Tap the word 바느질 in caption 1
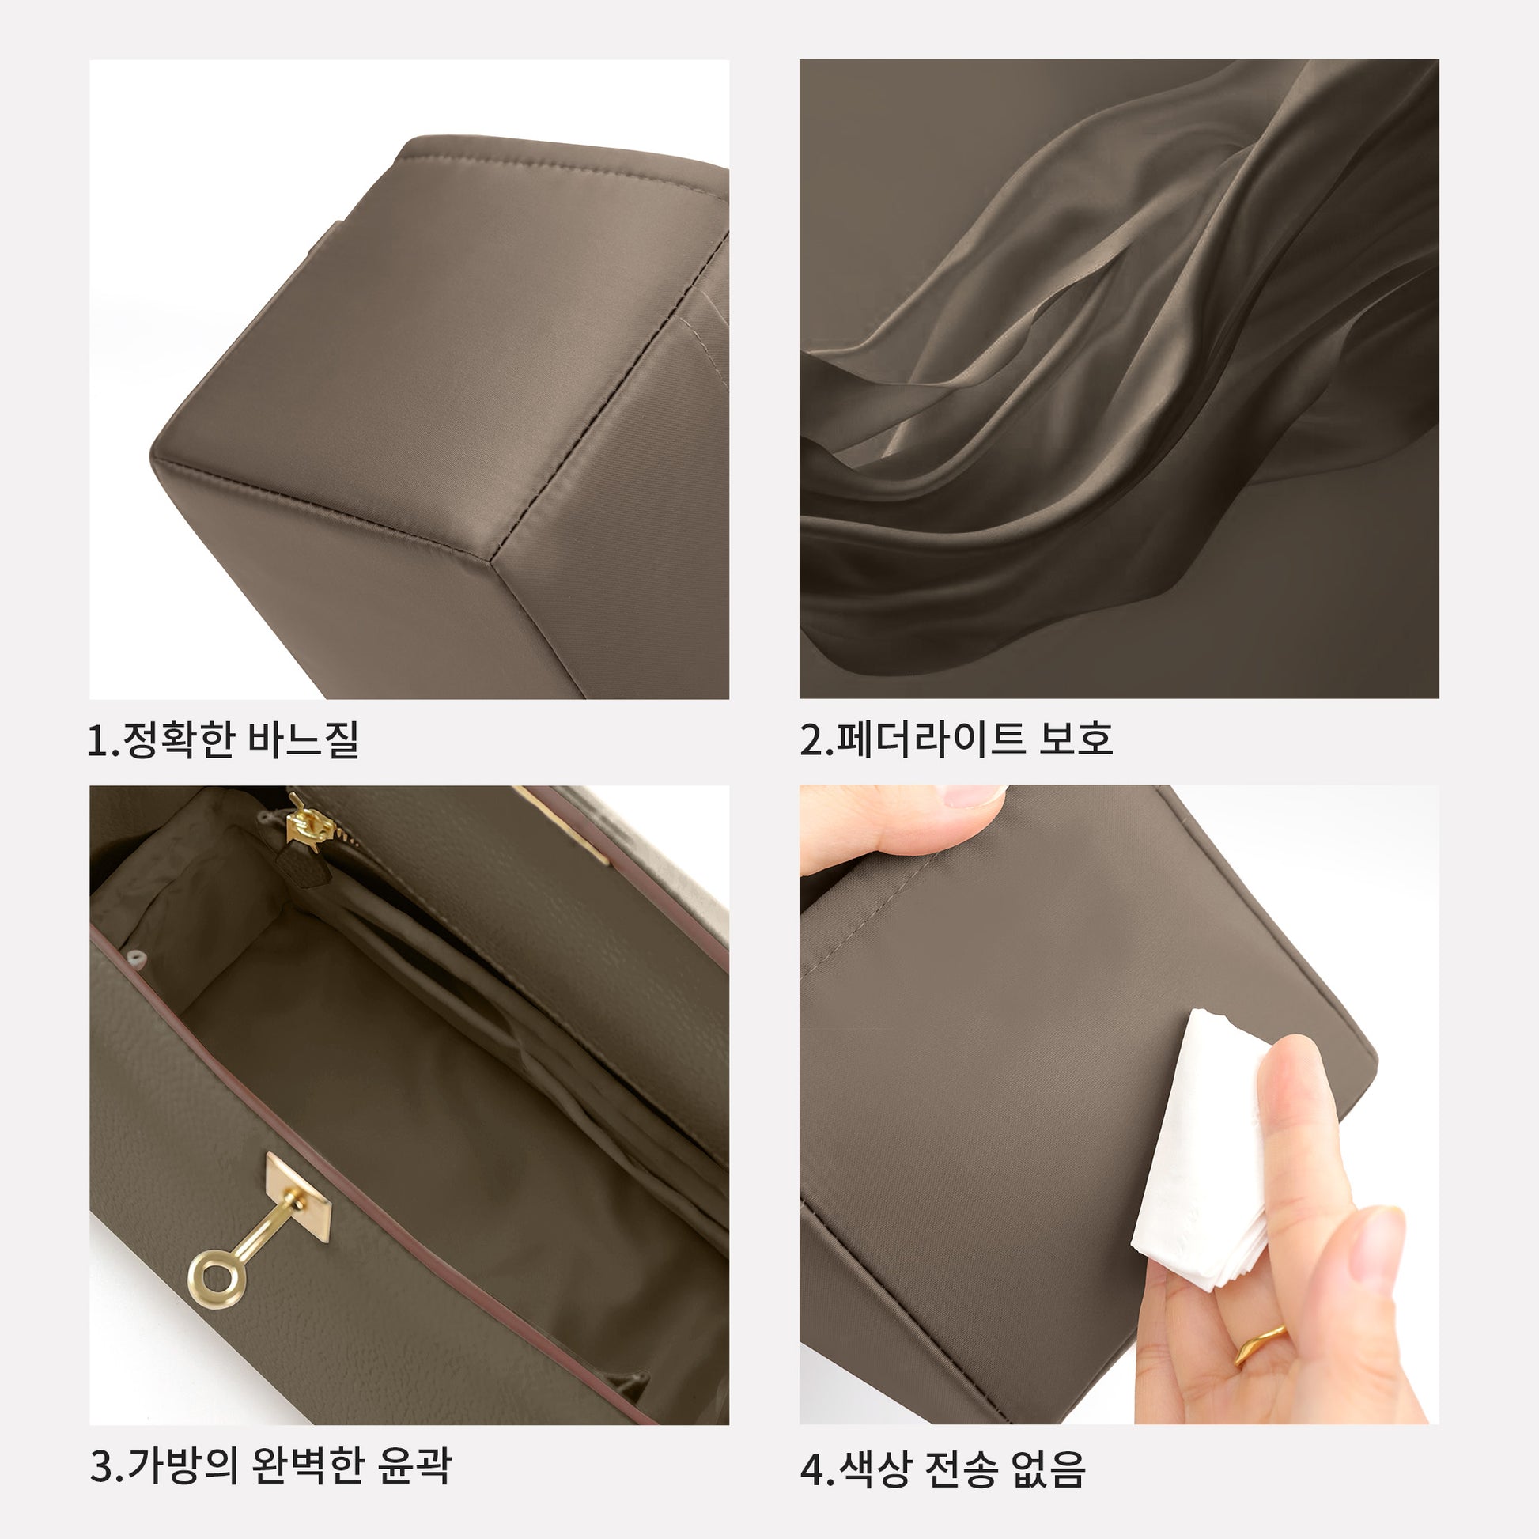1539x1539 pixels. (x=304, y=739)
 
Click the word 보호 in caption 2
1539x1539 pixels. (x=1076, y=739)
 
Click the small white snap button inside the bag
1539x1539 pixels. (x=135, y=955)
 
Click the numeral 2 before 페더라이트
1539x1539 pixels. (x=811, y=740)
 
